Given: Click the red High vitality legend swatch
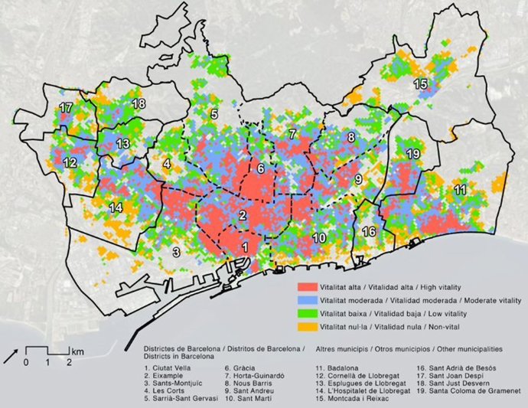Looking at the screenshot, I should (307, 285).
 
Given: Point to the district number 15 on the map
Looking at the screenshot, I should (420, 84).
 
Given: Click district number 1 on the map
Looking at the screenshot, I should (245, 247).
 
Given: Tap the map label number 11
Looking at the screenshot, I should (460, 189).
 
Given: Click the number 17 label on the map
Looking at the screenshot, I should (67, 109).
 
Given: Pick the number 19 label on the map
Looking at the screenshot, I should (413, 155).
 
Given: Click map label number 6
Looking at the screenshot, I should (261, 168).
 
